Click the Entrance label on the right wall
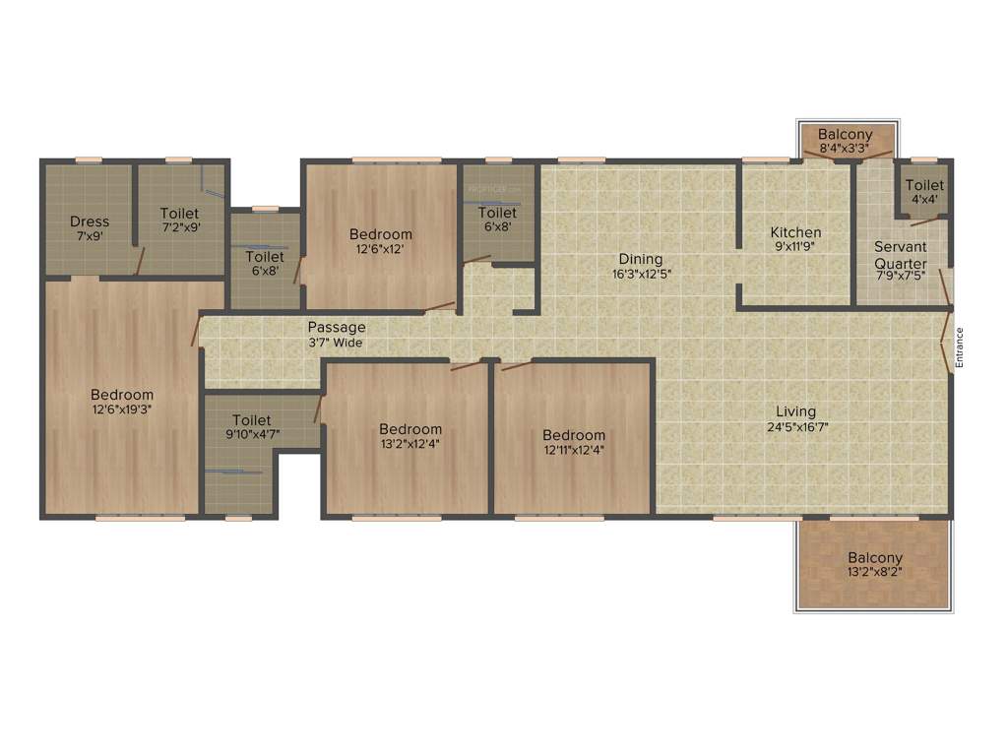click(959, 347)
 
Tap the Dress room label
click(90, 221)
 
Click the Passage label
click(337, 327)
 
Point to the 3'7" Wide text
click(336, 343)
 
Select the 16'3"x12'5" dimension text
click(642, 275)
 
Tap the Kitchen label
click(795, 232)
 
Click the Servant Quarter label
click(901, 256)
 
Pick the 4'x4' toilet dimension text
click(924, 199)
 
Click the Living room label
click(795, 411)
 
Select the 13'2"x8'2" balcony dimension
click(875, 574)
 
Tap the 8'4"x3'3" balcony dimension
click(846, 150)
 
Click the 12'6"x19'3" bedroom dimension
click(122, 410)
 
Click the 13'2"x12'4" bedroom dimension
click(410, 445)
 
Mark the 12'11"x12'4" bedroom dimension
click(574, 451)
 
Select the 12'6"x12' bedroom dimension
click(381, 250)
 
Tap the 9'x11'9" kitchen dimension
click(795, 248)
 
